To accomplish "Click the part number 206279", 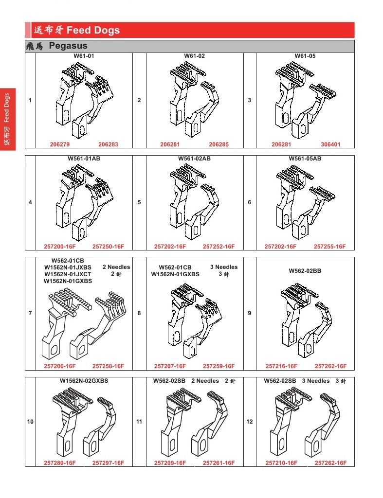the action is pos(60,144).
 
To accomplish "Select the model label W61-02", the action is pos(195,56).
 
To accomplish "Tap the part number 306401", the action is pos(330,144).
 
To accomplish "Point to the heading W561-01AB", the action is pos(84,159).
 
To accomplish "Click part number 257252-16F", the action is pos(219,247).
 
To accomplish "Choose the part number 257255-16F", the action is pos(329,247).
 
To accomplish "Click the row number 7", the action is pos(30,313).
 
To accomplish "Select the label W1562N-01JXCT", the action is pos(68,274).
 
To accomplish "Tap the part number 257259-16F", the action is pos(219,366).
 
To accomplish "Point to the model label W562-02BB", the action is pos(305,271).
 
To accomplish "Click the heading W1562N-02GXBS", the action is pos(84,380).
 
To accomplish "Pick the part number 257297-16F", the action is pos(109,463).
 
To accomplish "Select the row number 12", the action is pos(250,422).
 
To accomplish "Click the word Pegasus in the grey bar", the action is pos(68,46).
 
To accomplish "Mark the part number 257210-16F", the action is pos(281,463).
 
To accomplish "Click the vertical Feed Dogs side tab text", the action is pos(7,108).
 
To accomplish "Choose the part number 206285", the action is pos(219,144).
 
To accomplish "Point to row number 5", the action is pos(139,202).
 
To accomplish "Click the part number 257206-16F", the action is pos(60,366).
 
